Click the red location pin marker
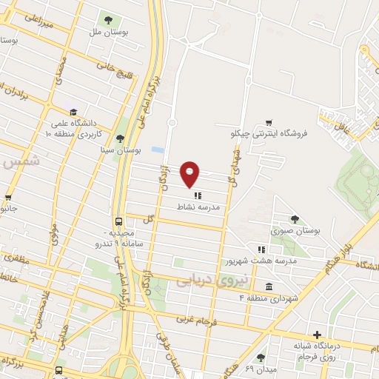pos(191,175)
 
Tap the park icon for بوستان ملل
pos(109,20)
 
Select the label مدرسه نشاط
pos(196,208)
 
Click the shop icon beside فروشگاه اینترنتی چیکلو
pos(269,123)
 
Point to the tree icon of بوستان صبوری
pos(295,219)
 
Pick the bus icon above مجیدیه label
pos(118,221)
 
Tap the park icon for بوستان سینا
pos(120,138)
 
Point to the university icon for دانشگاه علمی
pos(72,112)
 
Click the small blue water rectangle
pos(157,150)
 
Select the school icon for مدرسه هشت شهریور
pos(261,249)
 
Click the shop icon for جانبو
pos(8,198)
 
